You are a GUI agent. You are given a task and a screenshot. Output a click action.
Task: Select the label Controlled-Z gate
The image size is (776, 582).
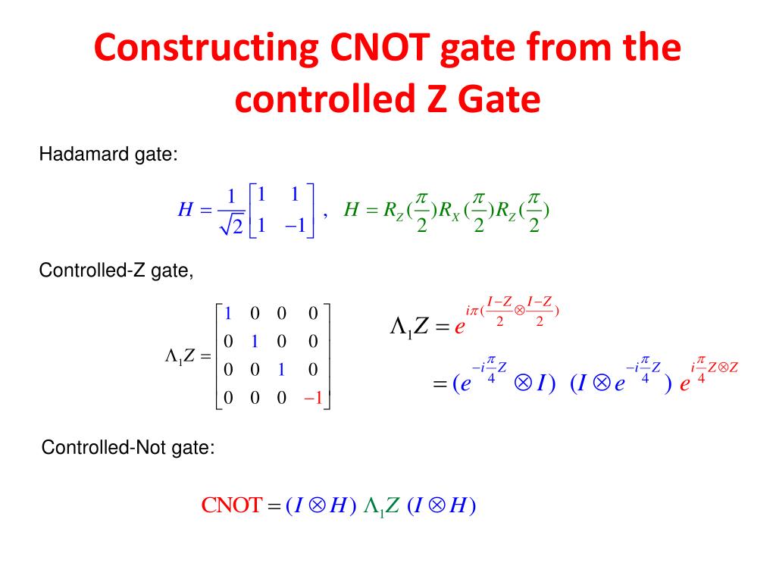point(116,271)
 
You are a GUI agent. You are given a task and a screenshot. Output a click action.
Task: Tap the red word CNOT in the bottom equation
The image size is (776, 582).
point(231,505)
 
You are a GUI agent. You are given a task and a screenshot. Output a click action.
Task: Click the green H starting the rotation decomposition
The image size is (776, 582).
point(351,210)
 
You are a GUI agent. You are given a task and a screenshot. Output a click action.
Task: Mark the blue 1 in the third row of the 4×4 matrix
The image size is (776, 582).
point(281,370)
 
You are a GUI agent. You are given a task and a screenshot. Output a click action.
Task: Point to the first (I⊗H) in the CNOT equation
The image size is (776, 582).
point(321,505)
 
